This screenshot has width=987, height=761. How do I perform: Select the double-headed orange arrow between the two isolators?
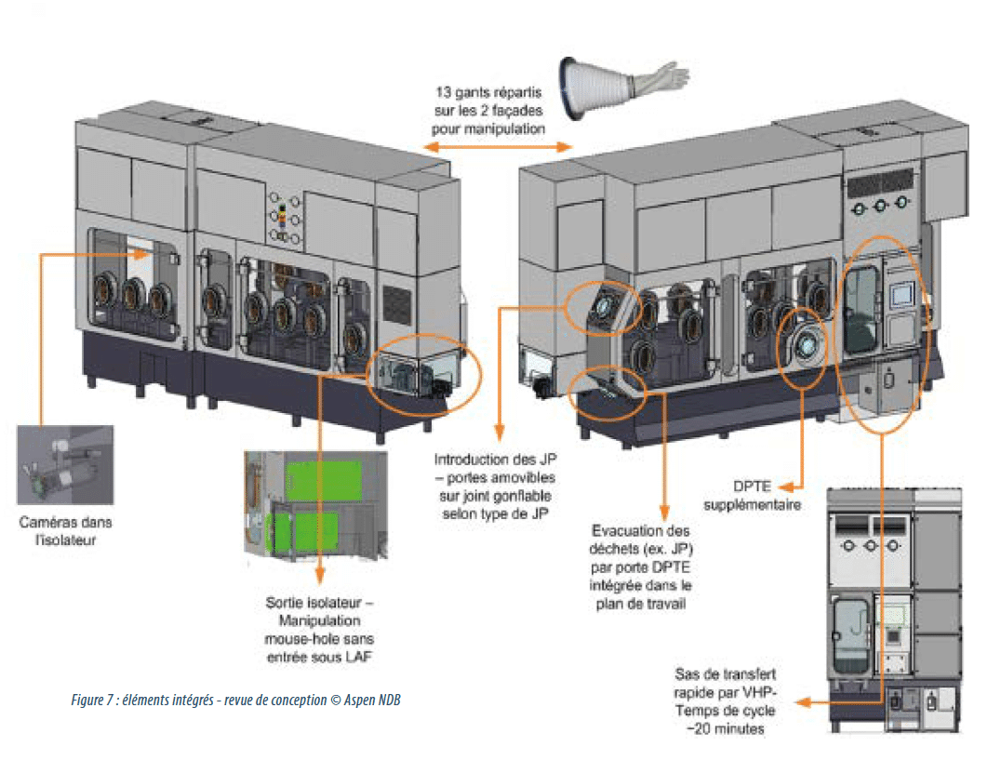click(498, 147)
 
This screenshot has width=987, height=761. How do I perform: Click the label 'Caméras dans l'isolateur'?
click(64, 530)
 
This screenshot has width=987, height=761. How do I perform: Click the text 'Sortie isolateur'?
click(321, 603)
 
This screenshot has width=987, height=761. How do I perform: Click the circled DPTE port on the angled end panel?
click(605, 305)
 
